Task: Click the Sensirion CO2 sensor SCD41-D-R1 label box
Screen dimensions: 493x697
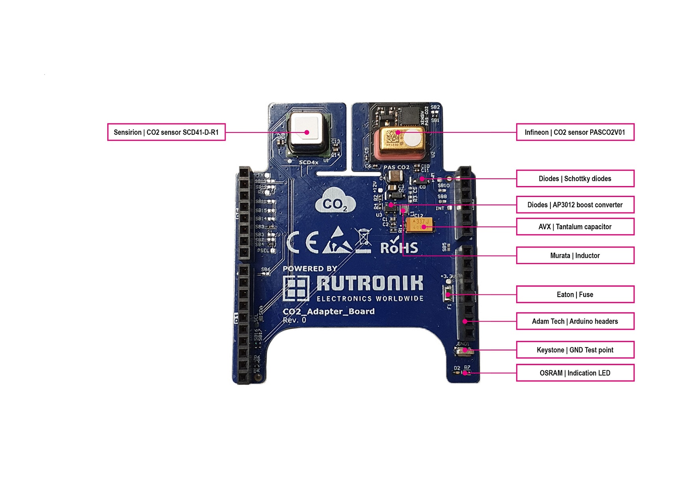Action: (x=166, y=132)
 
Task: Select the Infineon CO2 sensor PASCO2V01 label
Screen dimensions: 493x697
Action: (x=575, y=132)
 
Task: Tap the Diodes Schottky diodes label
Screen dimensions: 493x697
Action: (x=575, y=179)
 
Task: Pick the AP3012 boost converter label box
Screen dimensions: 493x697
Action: (x=575, y=205)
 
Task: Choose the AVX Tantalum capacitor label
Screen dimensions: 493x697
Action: (x=575, y=227)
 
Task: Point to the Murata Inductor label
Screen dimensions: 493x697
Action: (x=575, y=255)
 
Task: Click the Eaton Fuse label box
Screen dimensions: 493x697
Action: (x=575, y=294)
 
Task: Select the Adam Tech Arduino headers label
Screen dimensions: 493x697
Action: (x=575, y=321)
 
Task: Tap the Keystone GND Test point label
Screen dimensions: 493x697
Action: (x=575, y=350)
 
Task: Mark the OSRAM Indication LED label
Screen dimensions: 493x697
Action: (x=575, y=373)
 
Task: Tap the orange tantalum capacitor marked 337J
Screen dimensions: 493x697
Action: (x=420, y=225)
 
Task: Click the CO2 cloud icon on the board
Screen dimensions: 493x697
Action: (x=335, y=203)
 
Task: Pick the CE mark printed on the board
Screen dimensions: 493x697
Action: (x=303, y=243)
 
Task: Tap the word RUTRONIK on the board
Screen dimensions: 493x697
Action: (x=370, y=283)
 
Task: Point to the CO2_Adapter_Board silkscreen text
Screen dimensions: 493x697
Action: (x=329, y=311)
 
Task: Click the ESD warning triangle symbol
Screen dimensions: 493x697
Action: (x=337, y=241)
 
